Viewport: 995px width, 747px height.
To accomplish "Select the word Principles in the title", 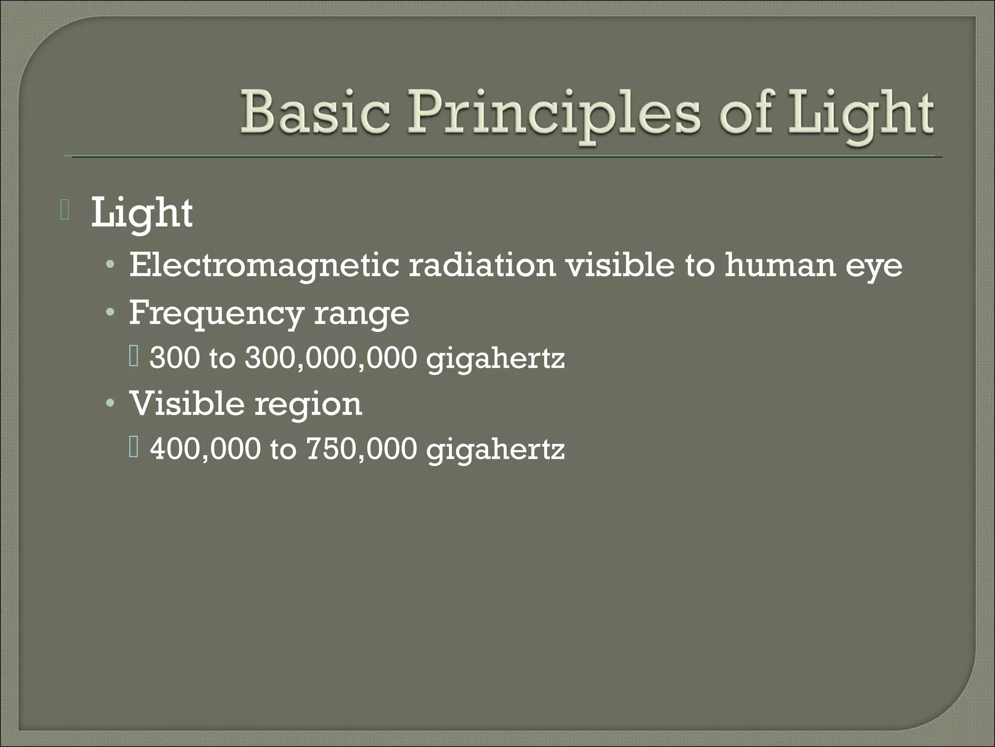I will pyautogui.click(x=554, y=117).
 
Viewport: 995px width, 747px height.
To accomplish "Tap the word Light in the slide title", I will pyautogui.click(x=860, y=117).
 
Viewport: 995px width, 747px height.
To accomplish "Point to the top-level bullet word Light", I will pyautogui.click(x=141, y=213).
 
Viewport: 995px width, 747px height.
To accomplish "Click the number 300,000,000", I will pyautogui.click(x=331, y=358).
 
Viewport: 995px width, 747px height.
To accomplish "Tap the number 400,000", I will pyautogui.click(x=205, y=449).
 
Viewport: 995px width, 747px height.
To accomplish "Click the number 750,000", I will pyautogui.click(x=361, y=449).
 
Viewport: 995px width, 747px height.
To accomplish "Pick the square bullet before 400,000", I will pyautogui.click(x=134, y=447).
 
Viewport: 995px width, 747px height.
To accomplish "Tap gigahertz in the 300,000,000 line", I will pyautogui.click(x=495, y=360).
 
